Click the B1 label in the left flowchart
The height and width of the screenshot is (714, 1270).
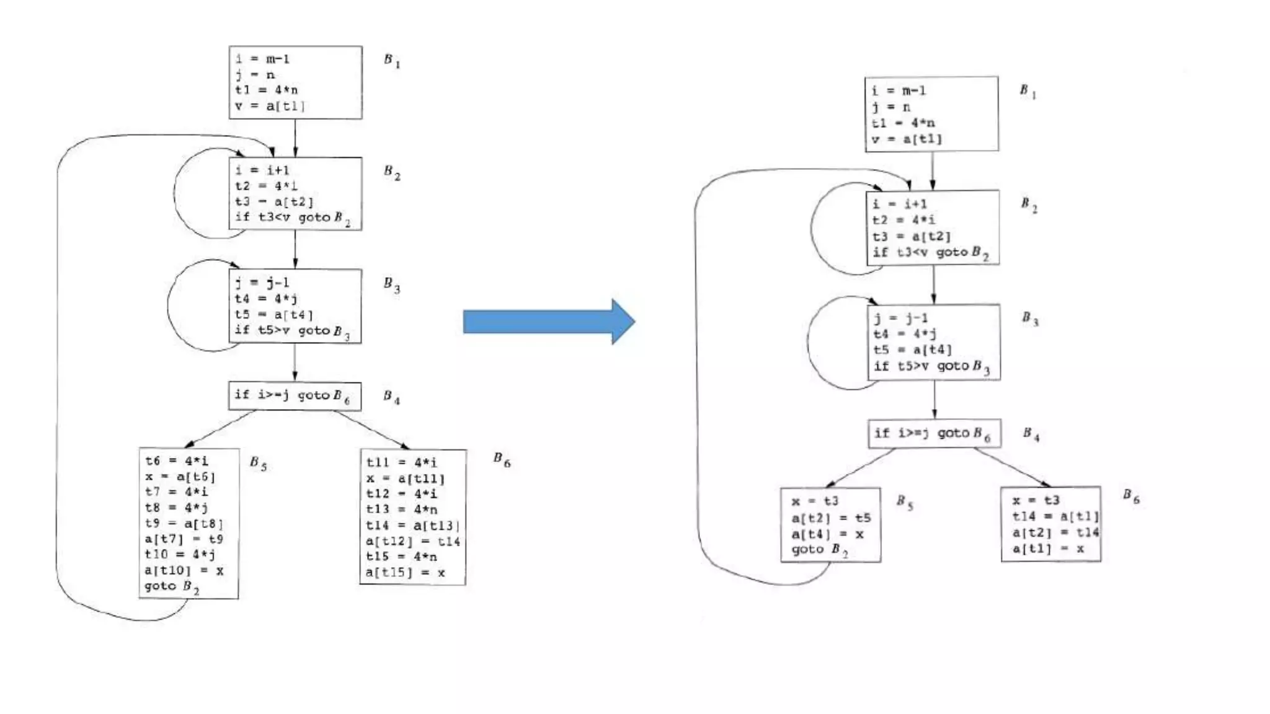click(391, 60)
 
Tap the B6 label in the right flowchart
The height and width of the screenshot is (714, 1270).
click(1130, 496)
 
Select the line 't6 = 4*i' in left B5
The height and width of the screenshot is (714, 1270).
click(177, 461)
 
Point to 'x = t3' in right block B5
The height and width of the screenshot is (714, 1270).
click(815, 501)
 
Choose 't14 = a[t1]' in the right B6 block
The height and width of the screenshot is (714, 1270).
click(1055, 516)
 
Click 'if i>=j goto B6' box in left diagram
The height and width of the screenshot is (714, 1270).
click(295, 395)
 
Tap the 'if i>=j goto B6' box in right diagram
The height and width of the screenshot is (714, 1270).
click(934, 433)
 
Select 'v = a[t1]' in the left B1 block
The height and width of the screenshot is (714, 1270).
click(270, 106)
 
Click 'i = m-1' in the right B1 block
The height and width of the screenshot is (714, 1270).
click(899, 90)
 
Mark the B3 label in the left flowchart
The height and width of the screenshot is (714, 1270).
click(391, 284)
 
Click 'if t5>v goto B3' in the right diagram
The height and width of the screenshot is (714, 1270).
click(931, 366)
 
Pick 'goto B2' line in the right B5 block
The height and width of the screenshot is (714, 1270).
click(819, 550)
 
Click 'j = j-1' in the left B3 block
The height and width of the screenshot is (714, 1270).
click(262, 283)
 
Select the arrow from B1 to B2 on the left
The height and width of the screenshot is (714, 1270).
click(295, 138)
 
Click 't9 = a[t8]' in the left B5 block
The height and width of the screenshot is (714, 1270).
click(184, 523)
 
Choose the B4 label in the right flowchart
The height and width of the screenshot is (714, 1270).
click(1031, 434)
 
